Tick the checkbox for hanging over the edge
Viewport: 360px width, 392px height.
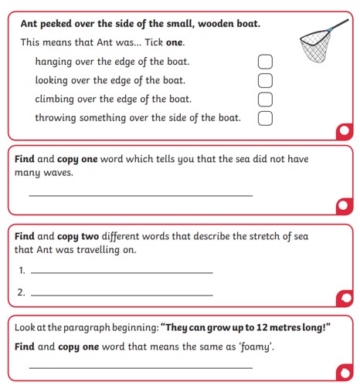(x=265, y=62)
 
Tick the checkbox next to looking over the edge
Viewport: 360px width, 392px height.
(x=265, y=80)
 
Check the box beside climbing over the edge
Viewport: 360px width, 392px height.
(x=265, y=100)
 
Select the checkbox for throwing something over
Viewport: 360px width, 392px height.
(x=265, y=118)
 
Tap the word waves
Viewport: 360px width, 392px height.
(x=59, y=173)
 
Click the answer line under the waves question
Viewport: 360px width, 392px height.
(x=141, y=196)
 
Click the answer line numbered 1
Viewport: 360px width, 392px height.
(x=122, y=272)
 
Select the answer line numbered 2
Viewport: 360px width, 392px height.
(x=122, y=295)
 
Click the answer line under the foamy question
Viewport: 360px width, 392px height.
(x=141, y=368)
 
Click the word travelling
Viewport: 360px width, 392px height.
(x=98, y=250)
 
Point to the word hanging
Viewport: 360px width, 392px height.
(x=53, y=62)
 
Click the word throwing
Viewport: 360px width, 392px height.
(x=56, y=118)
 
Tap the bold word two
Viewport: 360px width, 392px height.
(x=90, y=236)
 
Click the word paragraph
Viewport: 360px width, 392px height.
(x=87, y=328)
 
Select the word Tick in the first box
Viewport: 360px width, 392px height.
(x=154, y=42)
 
